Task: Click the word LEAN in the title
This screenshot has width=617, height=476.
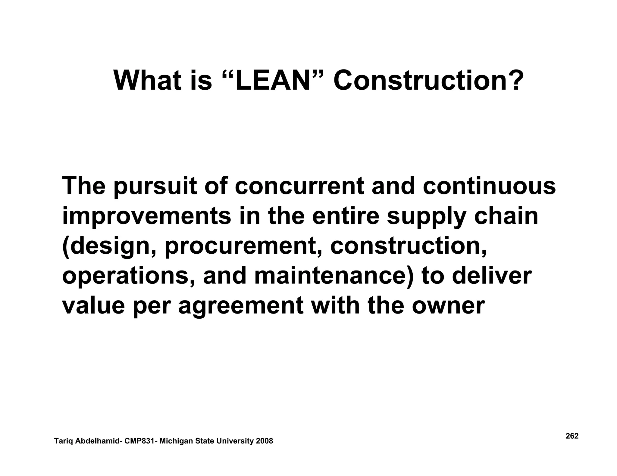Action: [272, 81]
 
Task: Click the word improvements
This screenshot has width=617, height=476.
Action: [146, 217]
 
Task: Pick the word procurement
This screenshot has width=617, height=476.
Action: [241, 247]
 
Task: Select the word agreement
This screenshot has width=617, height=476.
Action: [241, 307]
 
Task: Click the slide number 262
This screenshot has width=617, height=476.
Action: [572, 436]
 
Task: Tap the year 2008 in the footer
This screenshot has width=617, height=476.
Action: [264, 441]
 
